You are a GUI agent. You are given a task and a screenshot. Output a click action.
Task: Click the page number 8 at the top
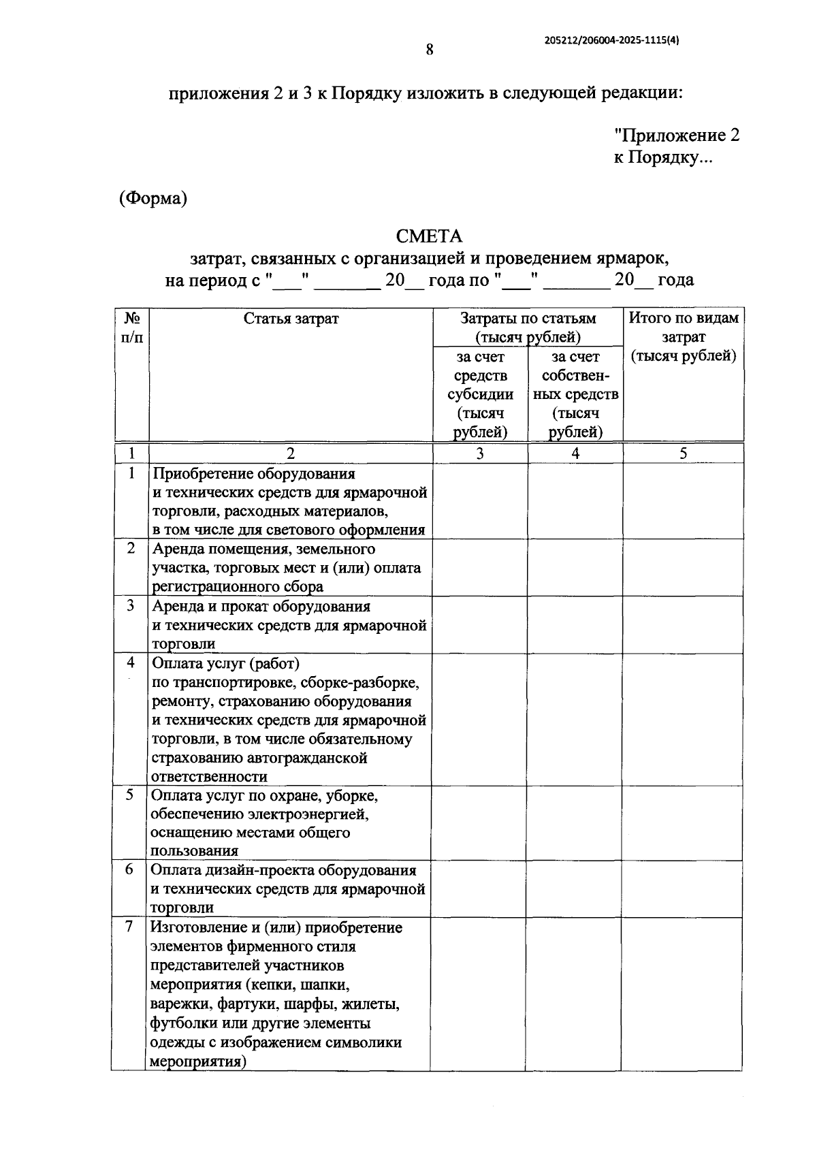(430, 50)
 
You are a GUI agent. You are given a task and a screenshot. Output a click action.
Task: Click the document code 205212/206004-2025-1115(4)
(612, 40)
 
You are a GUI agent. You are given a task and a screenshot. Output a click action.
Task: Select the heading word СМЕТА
(429, 236)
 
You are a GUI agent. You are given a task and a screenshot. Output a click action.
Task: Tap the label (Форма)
(153, 198)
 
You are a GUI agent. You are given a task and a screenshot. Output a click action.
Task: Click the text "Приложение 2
(676, 135)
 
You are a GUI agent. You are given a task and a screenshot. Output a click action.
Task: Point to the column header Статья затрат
(291, 318)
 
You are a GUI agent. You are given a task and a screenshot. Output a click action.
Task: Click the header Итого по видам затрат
(683, 336)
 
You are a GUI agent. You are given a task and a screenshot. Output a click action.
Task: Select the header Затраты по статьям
(528, 318)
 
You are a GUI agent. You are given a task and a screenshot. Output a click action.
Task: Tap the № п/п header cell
(132, 327)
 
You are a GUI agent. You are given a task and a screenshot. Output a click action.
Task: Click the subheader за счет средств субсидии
(480, 394)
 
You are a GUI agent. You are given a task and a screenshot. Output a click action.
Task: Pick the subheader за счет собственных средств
(575, 394)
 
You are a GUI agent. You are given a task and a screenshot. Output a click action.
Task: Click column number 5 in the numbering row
(683, 453)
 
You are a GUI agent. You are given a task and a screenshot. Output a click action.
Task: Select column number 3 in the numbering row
(480, 453)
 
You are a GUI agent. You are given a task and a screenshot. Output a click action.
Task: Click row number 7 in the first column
(129, 927)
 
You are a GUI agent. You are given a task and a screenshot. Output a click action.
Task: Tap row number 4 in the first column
(131, 662)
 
